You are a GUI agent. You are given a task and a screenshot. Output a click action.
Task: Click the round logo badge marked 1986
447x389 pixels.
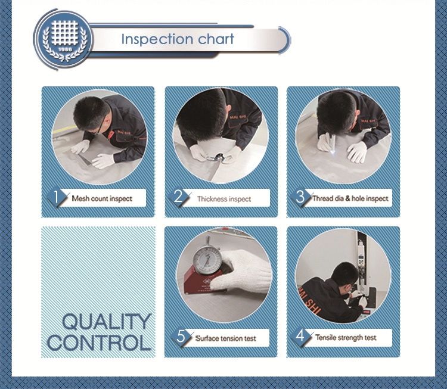point(64,40)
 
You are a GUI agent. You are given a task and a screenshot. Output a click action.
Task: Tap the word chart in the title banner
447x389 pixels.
point(216,39)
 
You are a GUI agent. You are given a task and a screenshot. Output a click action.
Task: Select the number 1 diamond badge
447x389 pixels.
point(57,197)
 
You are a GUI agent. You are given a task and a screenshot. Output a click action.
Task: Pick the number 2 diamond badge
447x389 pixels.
point(179,197)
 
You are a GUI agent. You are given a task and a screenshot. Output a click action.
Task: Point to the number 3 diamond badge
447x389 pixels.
point(301,197)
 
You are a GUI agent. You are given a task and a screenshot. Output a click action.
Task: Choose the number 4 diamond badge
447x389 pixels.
point(301,336)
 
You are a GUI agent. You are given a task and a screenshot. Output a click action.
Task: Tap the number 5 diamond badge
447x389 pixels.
point(181,337)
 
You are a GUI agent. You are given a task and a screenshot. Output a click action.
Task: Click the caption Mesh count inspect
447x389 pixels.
point(102,198)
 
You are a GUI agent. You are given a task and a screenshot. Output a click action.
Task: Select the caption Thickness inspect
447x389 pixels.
point(224,199)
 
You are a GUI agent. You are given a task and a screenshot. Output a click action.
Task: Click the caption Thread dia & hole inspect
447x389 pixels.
point(350,198)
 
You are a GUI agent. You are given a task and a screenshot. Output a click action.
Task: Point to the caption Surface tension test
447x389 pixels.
point(226,338)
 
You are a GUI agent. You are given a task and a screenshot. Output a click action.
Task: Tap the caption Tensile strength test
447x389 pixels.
point(346,338)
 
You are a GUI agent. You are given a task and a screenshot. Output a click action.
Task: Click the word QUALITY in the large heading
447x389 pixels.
point(106,322)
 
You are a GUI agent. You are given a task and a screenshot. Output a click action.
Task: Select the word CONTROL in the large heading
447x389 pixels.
point(99,343)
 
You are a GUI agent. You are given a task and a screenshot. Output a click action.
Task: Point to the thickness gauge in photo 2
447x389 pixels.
point(217,158)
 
